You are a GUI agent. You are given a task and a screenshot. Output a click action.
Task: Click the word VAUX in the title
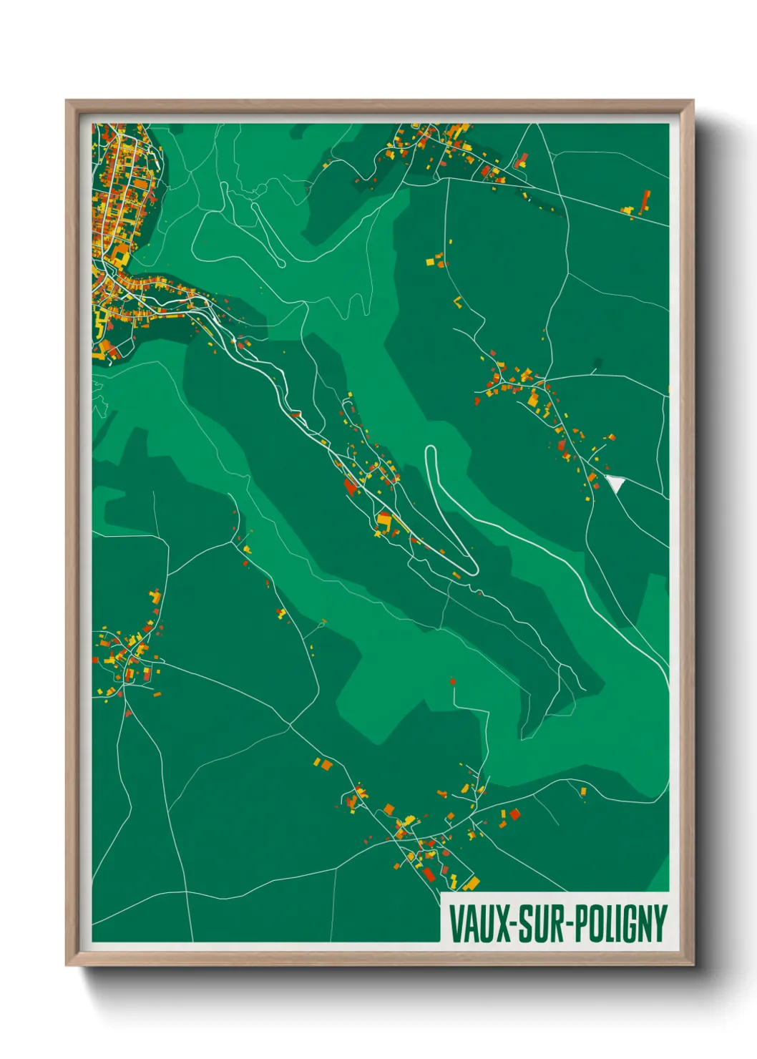tap(477, 924)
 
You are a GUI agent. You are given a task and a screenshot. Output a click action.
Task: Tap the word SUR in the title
tap(539, 924)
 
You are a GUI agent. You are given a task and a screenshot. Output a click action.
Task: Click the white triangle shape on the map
tap(615, 484)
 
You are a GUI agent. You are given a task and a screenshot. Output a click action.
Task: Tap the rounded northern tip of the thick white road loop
tap(430, 450)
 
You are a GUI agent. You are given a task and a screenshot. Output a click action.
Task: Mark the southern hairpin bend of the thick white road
tap(473, 570)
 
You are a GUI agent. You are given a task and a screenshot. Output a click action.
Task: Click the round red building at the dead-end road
tap(452, 681)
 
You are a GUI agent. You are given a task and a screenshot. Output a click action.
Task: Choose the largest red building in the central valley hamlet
tap(351, 487)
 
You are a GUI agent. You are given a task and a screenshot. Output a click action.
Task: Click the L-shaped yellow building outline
tap(457, 301)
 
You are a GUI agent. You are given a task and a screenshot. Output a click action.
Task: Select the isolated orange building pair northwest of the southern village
tap(323, 763)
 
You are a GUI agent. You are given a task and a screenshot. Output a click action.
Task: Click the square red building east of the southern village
tap(514, 814)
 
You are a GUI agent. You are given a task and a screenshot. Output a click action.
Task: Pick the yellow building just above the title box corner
tap(472, 882)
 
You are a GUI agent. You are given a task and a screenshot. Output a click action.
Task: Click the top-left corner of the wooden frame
tap(67, 101)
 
